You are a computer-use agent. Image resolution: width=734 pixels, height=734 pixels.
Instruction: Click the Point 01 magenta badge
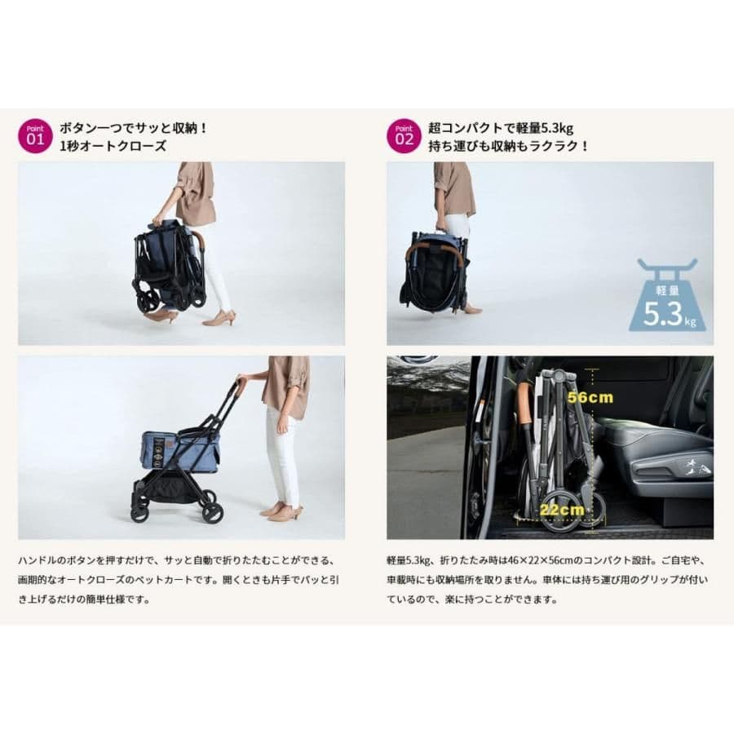33,136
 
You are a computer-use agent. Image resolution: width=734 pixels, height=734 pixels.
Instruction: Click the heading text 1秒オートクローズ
113,147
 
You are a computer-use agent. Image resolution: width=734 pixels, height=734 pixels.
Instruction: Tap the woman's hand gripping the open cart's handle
241,380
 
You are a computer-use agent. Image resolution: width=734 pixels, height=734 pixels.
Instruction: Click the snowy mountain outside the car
429,379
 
